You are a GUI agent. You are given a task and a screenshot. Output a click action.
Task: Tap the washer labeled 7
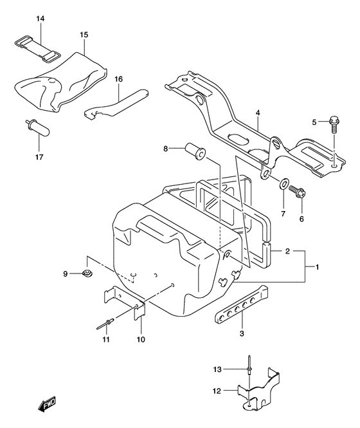pos(283,185)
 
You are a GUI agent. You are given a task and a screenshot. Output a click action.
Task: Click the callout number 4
pos(257,113)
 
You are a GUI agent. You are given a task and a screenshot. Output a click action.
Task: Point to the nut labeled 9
pos(85,275)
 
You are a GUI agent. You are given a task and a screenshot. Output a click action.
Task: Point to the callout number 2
pos(289,251)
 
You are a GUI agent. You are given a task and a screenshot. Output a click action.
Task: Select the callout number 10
pos(140,339)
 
